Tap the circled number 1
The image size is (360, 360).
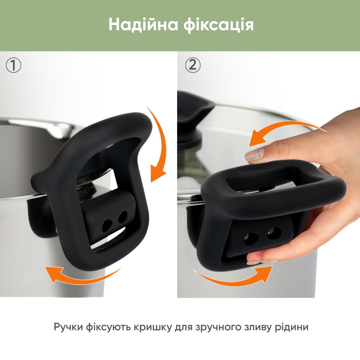pyautogui.click(x=14, y=66)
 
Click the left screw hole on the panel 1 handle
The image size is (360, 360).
pyautogui.click(x=107, y=225)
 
